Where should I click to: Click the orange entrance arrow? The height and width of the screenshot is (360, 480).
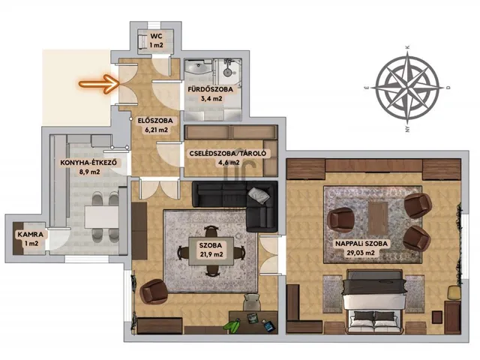(99, 83)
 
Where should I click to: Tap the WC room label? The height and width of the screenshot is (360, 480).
(156, 36)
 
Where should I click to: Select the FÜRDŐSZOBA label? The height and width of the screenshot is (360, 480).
(211, 89)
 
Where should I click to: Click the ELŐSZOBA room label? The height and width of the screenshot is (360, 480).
(155, 121)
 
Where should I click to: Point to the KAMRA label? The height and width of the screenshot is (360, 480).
(30, 235)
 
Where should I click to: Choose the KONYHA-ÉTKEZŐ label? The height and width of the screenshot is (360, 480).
(88, 163)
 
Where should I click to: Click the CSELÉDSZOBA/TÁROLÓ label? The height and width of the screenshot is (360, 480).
(228, 154)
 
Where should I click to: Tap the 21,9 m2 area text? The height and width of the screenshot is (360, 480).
(211, 254)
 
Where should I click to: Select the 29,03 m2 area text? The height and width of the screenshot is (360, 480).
(361, 253)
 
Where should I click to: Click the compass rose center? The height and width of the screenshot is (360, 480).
(407, 88)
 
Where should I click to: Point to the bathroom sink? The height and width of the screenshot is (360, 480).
(199, 67)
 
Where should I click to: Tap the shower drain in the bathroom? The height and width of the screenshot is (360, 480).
(227, 72)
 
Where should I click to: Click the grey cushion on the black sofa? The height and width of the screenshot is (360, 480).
(259, 195)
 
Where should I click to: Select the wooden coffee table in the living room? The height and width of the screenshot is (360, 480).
(378, 218)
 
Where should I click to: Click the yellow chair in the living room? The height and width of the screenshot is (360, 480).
(454, 292)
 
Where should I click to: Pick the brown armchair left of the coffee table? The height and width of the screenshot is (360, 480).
(340, 220)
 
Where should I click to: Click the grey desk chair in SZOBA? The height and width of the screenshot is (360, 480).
(252, 301)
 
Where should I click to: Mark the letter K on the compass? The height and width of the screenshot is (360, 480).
(407, 47)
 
